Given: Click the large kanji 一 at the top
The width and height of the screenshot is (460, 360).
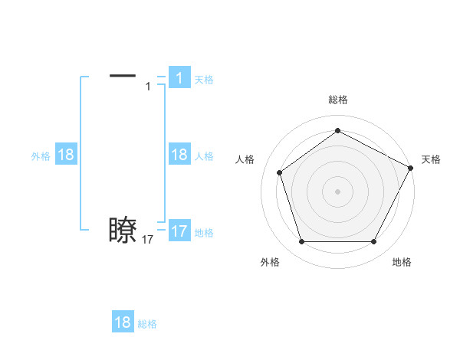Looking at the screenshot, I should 123,75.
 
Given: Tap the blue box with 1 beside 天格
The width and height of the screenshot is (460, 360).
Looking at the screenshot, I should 179,77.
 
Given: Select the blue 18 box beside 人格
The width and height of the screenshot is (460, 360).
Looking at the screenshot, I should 179,155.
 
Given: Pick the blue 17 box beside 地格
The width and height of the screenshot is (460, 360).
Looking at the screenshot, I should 179,231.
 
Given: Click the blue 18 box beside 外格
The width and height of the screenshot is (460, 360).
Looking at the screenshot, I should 66,155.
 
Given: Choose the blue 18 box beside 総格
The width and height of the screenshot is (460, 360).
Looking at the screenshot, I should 123,322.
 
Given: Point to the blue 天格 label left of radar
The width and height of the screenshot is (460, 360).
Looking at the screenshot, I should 204,80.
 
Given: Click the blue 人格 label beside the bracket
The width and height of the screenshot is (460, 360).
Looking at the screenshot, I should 204,156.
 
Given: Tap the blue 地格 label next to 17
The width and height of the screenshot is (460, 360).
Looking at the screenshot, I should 204,233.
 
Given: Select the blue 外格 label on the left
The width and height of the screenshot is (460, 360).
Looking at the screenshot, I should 41,156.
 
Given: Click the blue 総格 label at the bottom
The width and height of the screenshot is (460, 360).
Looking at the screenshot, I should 147,324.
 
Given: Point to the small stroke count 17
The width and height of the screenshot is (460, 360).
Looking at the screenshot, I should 148,240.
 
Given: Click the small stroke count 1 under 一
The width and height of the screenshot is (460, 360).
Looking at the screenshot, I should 148,87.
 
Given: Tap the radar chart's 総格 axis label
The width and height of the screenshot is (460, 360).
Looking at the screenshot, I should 338,100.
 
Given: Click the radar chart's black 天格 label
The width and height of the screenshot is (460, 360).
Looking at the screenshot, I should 431,159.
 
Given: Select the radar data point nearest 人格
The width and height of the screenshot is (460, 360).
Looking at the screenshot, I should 280,172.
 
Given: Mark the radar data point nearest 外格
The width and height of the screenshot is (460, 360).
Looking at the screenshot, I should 301,242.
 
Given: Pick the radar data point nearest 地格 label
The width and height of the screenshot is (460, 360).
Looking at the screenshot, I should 374,242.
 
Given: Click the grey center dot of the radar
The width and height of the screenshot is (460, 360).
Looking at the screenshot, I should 337,191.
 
